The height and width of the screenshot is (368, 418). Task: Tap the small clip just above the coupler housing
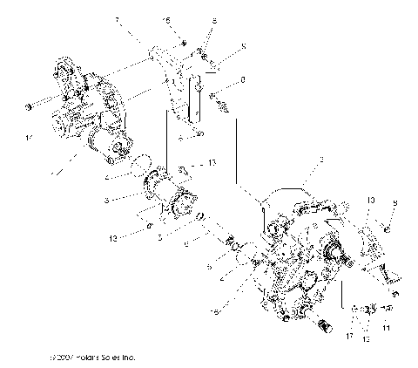click(x=184, y=168)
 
